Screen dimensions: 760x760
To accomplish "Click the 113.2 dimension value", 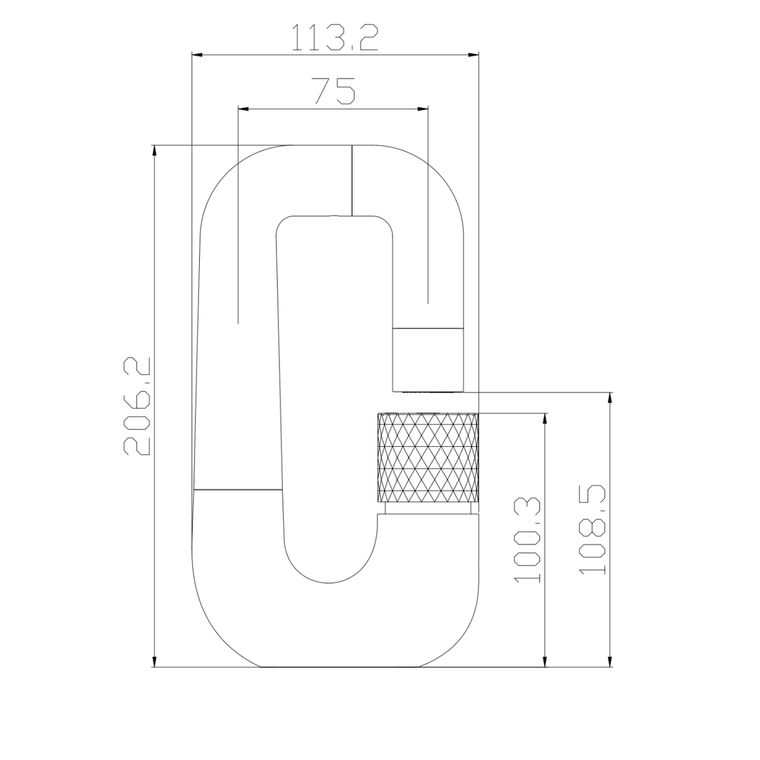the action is (x=334, y=37).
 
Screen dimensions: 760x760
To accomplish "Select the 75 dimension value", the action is (x=334, y=91).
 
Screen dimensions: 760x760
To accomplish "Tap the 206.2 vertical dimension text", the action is (x=137, y=406).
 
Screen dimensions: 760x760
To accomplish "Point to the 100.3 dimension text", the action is (x=526, y=539).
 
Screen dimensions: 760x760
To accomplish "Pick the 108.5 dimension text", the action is (x=592, y=529).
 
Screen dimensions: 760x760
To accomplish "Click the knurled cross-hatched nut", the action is (x=428, y=458).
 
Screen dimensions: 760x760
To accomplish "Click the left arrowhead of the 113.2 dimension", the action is (x=197, y=55).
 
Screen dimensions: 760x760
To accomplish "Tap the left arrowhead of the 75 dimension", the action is (x=243, y=109).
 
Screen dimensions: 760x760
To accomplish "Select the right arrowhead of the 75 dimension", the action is (x=423, y=109).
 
